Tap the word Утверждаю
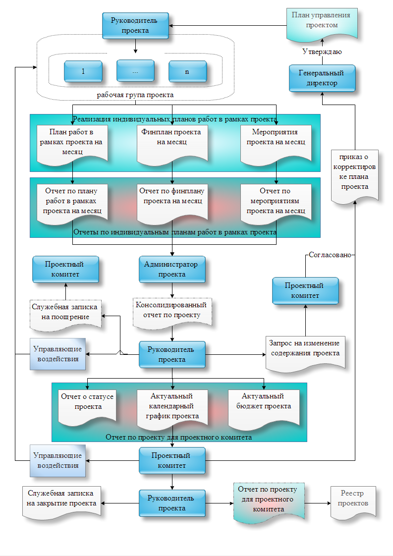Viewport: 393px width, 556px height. pos(322,51)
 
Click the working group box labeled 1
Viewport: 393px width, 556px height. pos(83,71)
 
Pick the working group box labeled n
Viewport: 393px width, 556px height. pos(187,71)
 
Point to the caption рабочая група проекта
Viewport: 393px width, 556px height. pos(135,94)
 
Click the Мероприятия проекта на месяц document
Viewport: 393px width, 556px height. pos(276,142)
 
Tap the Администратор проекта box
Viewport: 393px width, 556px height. pos(171,269)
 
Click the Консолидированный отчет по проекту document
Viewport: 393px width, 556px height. pos(171,311)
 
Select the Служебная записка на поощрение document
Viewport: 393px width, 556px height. pos(65,313)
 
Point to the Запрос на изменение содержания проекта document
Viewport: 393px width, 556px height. pos(304,352)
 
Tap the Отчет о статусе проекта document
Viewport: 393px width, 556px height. pos(87,406)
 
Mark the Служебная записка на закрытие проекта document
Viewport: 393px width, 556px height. pos(61,501)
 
